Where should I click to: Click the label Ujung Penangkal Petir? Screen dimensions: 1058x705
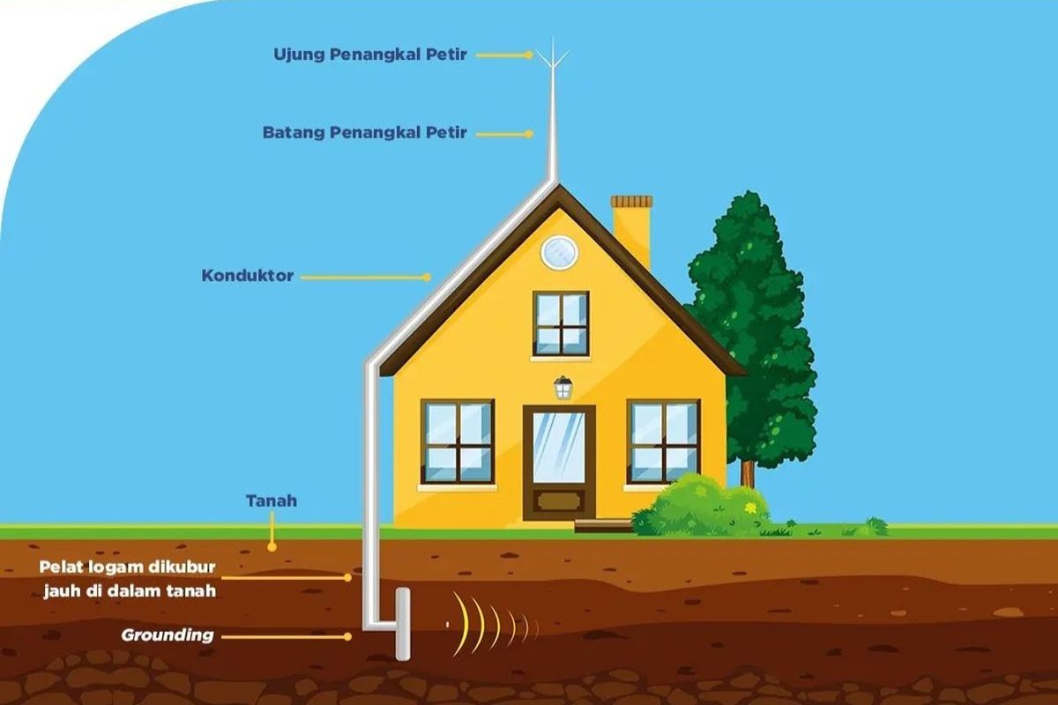(x=370, y=55)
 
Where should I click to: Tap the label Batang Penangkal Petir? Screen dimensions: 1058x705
(x=365, y=133)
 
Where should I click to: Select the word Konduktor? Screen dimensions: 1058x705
(x=248, y=276)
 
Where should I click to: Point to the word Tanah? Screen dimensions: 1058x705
(x=272, y=501)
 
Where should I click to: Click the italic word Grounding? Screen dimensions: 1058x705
(x=168, y=635)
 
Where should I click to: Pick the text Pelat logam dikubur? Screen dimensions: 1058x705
(x=128, y=568)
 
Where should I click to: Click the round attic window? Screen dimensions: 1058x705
(x=559, y=253)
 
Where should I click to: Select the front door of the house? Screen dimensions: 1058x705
(x=559, y=463)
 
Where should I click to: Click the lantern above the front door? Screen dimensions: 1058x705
(x=563, y=387)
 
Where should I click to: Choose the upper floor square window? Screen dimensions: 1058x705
(x=561, y=324)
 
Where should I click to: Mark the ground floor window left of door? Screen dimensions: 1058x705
(x=458, y=442)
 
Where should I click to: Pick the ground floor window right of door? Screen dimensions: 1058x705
(x=663, y=442)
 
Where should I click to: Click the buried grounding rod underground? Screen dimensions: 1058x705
(x=402, y=624)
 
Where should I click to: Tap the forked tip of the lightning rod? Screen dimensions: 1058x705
(x=554, y=53)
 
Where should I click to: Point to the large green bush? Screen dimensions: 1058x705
(x=700, y=508)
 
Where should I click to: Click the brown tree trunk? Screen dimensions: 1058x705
(x=747, y=473)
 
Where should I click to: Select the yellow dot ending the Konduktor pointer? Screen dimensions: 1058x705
(x=427, y=278)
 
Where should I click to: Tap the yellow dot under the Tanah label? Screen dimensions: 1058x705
(x=272, y=547)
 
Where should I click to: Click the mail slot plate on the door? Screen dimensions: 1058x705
(x=559, y=501)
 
